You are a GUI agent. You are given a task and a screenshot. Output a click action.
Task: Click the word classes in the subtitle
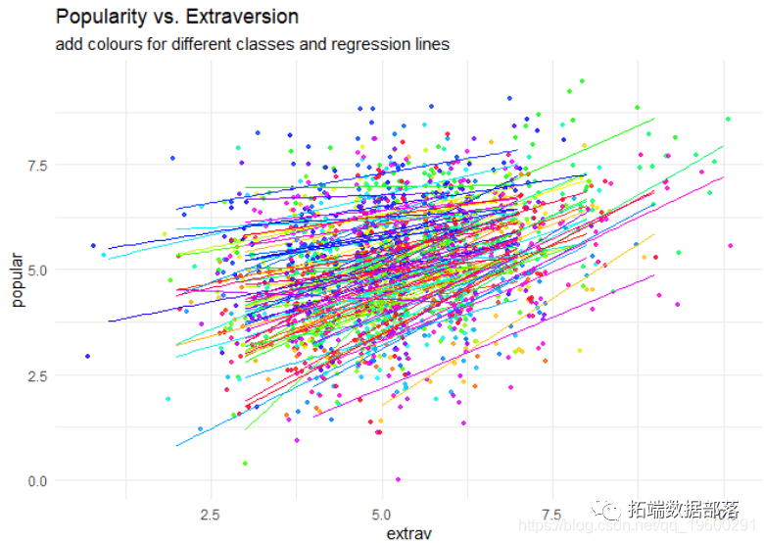pos(279,44)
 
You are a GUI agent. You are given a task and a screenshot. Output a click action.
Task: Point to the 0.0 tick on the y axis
pos(35,480)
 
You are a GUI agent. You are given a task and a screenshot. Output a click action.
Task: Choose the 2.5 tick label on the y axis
pos(35,375)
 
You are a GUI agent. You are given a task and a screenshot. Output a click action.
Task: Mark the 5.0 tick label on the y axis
pos(35,270)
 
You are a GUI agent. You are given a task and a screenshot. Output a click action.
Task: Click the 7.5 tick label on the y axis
pos(35,165)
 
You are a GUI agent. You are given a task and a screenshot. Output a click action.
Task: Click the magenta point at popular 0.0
pos(398,479)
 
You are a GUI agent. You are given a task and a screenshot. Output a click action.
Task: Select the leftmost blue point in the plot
pos(87,356)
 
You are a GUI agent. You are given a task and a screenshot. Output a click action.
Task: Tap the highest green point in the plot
pos(582,81)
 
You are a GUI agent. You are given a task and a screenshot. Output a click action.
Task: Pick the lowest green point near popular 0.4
pos(245,463)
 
